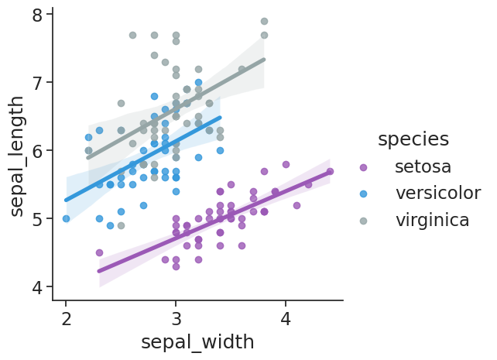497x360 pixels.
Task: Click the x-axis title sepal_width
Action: click(x=197, y=341)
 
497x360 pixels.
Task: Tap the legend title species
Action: click(x=413, y=139)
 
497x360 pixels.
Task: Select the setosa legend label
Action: click(x=423, y=166)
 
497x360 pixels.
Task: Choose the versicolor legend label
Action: click(x=437, y=193)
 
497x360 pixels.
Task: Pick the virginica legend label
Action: click(x=432, y=220)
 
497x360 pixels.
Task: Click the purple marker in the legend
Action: click(x=364, y=167)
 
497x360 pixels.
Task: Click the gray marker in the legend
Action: click(x=364, y=221)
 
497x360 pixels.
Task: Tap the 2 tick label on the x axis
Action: click(x=66, y=318)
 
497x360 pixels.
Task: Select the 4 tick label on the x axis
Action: click(x=286, y=318)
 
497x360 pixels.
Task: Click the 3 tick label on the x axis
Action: click(x=176, y=318)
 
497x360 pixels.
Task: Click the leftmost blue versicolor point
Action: click(x=66, y=218)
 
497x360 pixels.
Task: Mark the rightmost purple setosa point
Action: click(x=330, y=171)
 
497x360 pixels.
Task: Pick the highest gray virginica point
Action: click(x=264, y=21)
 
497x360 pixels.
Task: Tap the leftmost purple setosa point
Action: click(x=99, y=252)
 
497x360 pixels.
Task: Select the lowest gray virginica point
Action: click(x=121, y=225)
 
